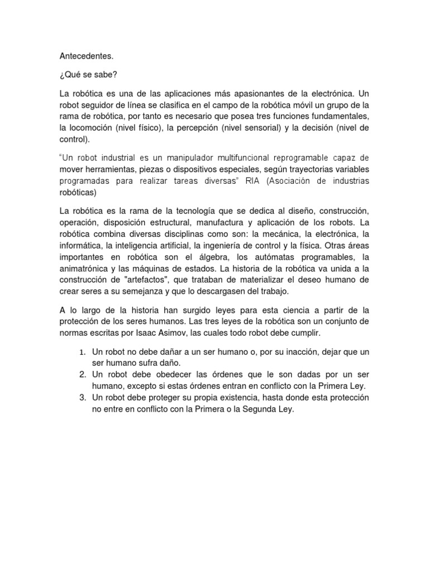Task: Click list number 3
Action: (x=81, y=398)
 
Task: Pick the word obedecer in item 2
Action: (x=165, y=374)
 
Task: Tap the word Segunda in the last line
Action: (x=254, y=409)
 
